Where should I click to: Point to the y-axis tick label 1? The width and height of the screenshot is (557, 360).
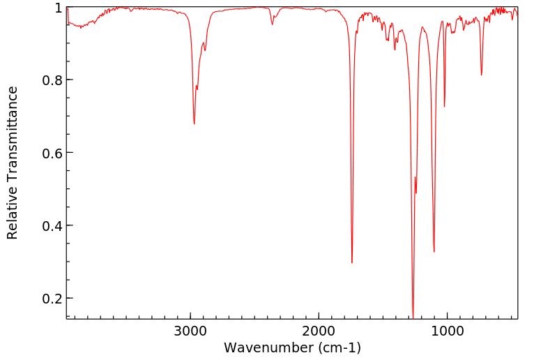click(x=59, y=8)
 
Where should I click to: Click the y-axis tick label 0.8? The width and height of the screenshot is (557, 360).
click(x=52, y=80)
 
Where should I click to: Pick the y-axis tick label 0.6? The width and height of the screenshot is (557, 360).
click(x=52, y=153)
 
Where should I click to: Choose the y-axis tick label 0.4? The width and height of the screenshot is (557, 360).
click(x=52, y=225)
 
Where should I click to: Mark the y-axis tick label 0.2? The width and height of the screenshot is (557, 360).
click(x=52, y=298)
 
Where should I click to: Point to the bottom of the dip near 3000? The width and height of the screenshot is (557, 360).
click(x=194, y=123)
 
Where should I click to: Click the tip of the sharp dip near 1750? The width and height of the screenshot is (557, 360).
click(x=352, y=262)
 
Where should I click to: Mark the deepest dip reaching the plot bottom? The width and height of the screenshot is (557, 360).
click(x=413, y=317)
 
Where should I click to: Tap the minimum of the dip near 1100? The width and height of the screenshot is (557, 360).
click(x=434, y=252)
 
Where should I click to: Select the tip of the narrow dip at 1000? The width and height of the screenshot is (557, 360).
click(x=444, y=106)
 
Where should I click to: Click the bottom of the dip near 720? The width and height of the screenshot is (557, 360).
click(x=481, y=75)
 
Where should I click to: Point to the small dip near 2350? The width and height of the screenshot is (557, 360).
click(x=272, y=24)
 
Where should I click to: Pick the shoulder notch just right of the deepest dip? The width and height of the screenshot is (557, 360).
click(x=416, y=193)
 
